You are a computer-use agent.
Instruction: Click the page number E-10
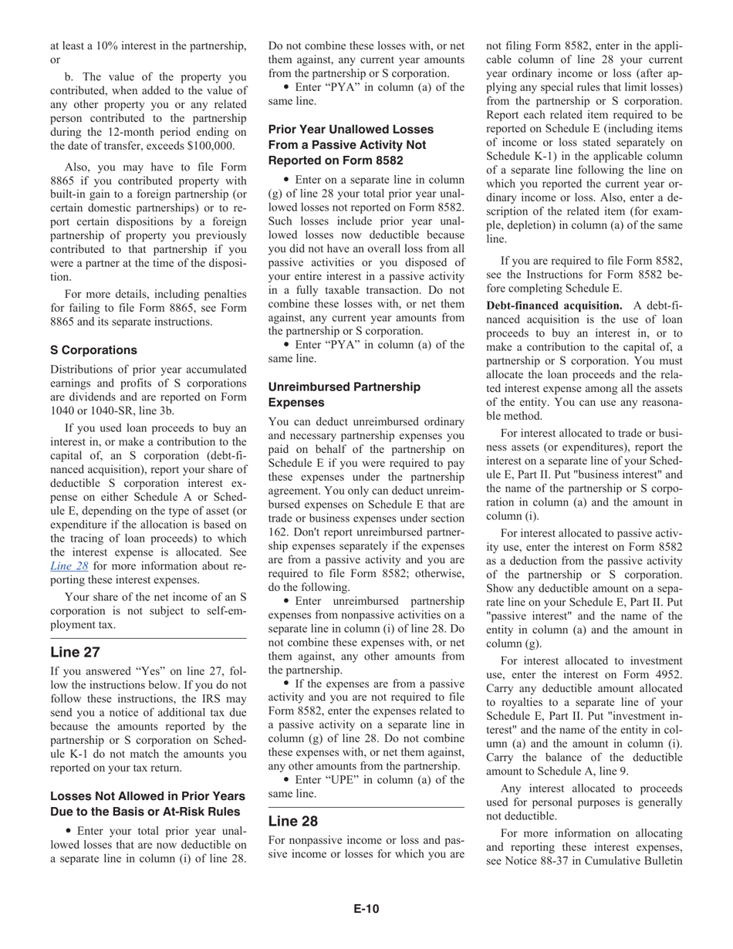[x=366, y=909]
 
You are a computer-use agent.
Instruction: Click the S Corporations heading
[x=93, y=350]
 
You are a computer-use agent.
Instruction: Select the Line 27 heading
[x=75, y=652]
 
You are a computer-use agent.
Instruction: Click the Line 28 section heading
[x=292, y=821]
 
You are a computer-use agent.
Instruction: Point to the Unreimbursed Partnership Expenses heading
[x=344, y=394]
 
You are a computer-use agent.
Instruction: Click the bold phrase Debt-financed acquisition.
[x=554, y=305]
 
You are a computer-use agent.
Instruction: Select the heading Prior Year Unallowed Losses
[x=351, y=130]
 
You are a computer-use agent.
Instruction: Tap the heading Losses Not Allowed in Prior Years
[x=148, y=796]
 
